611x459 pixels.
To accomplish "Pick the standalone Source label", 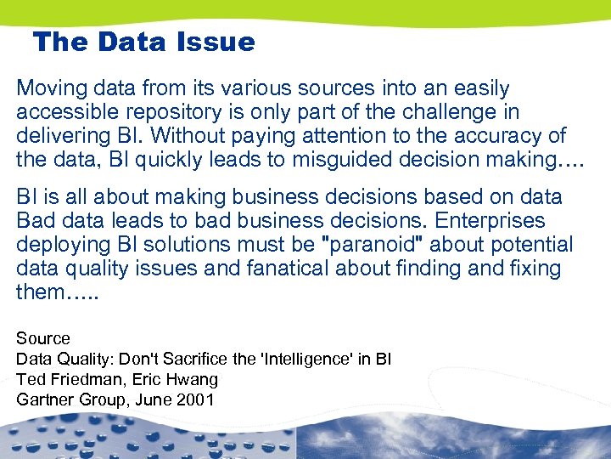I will coord(43,338).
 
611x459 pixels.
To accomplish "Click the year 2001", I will coord(196,399).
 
